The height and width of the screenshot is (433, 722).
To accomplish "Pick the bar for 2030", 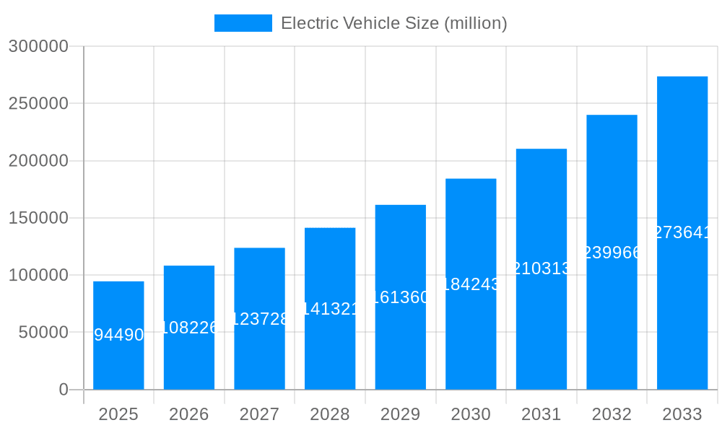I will [x=471, y=332].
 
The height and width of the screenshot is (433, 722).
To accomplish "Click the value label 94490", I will [x=118, y=335].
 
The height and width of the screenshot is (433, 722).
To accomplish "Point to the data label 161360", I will [x=401, y=297].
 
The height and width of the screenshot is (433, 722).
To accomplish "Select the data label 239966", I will [x=612, y=253].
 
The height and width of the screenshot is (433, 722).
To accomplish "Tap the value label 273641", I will [x=682, y=232].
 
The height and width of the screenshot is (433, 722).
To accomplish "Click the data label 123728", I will [x=259, y=319].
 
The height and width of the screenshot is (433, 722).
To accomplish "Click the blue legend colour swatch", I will [x=243, y=23].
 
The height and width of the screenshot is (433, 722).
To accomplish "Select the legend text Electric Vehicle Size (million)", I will [x=393, y=23].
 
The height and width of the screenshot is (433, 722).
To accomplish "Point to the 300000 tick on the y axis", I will [x=38, y=46].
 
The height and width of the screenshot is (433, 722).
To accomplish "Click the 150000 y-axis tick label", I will [x=38, y=218].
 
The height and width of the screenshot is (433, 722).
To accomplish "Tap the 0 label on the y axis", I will [x=63, y=390].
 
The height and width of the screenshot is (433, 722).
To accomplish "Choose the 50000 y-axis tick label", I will [x=43, y=333].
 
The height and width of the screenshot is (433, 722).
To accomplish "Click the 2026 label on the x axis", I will [x=189, y=414].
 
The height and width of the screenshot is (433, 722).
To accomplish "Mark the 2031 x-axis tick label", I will [x=541, y=414].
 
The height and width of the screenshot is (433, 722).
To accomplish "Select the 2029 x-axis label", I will [x=401, y=414].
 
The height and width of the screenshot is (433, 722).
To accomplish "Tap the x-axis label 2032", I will [x=612, y=414].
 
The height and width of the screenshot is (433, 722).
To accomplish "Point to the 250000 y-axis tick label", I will [x=38, y=103].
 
